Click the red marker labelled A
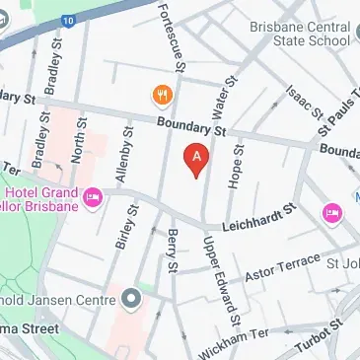pos(197,158)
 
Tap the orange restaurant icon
pos(159,95)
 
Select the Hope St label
pos(238,165)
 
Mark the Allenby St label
pos(124,152)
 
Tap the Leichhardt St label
pos(260,219)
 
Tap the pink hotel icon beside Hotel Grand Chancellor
pos(93,198)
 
